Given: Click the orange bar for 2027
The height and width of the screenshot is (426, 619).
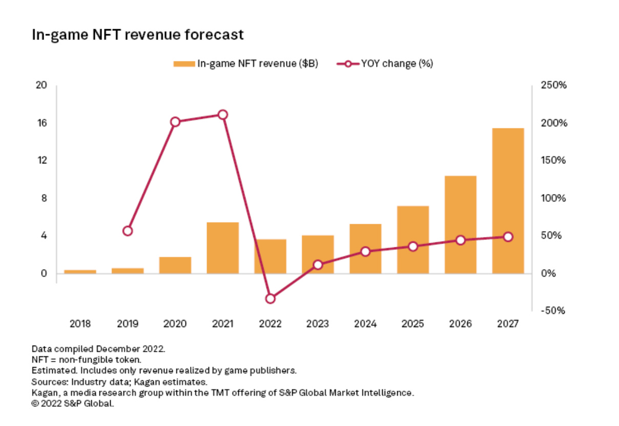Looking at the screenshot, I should tap(508, 200).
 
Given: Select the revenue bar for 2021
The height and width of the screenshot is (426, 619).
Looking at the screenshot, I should tap(222, 247).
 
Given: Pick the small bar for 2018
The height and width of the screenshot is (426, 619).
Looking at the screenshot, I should tap(80, 271).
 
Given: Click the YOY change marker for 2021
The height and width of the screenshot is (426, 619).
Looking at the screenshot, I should tap(222, 115).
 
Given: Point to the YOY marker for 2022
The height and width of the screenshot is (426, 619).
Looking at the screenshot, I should tap(271, 299).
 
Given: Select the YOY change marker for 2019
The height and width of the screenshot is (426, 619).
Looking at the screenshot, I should tap(128, 231).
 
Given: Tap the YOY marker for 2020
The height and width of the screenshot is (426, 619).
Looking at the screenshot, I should tap(175, 122).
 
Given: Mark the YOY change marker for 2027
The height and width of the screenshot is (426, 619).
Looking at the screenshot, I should tap(508, 237).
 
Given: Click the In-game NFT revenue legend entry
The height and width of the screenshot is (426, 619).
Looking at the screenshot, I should tap(246, 63).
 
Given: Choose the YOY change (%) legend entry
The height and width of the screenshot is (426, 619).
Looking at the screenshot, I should tap(385, 63).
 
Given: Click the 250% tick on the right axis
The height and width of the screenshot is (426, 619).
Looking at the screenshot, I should tap(553, 86).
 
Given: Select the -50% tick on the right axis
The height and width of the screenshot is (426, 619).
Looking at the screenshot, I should tap(553, 311).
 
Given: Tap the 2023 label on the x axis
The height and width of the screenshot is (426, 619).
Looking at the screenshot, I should tap(317, 324).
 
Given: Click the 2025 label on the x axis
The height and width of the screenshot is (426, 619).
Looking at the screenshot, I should tap(412, 324).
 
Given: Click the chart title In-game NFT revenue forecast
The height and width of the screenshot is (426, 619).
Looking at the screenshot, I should tap(137, 35).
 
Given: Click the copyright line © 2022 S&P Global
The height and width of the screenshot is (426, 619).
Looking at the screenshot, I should tap(72, 403).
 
